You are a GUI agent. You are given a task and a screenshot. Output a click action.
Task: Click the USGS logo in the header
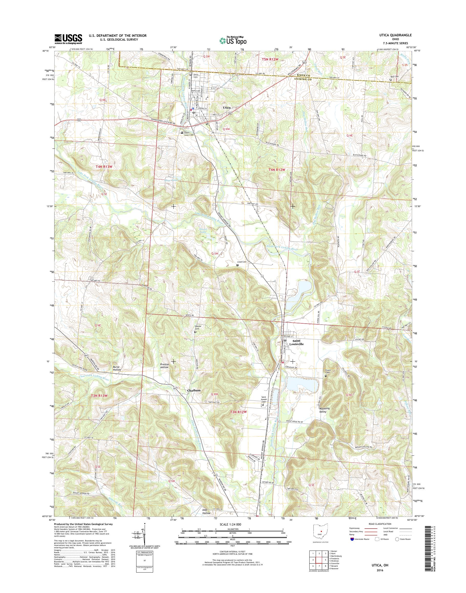pos(68,39)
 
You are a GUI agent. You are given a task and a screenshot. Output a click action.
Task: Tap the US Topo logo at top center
pos(233,40)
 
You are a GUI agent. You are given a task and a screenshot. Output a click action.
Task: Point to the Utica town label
pos(227,108)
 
